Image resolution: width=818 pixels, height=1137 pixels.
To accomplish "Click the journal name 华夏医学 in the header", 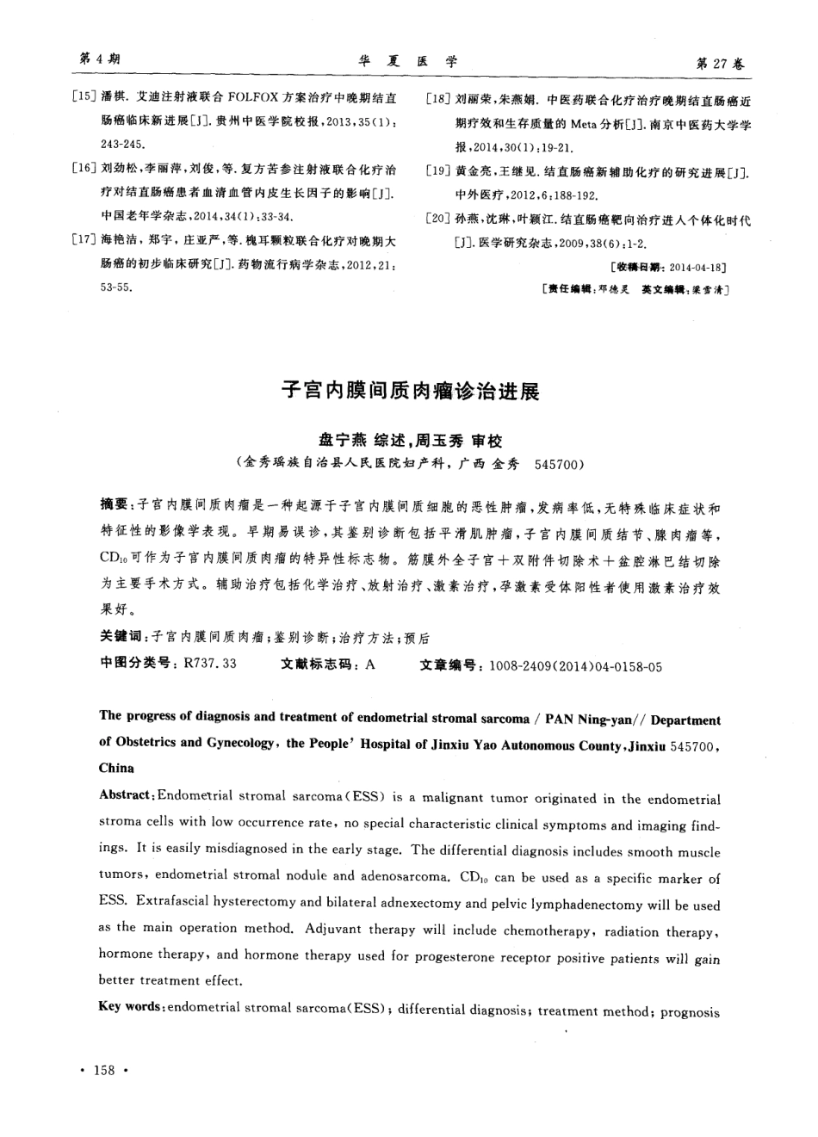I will pos(408,62).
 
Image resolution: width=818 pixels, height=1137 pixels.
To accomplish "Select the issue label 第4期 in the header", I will pos(99,59).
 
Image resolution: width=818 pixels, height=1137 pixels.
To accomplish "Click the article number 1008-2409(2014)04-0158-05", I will pos(575,665).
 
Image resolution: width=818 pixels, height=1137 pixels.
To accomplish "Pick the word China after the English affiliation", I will pos(117,767).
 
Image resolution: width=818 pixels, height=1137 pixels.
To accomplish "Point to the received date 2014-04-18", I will pos(697,268).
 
